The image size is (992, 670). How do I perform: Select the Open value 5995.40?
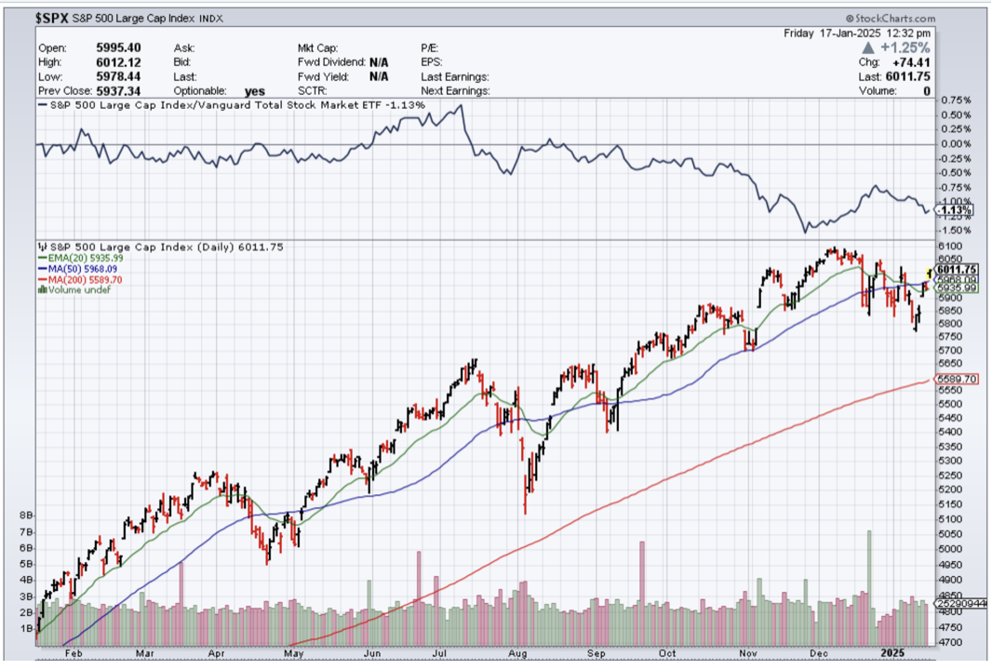pos(117,47)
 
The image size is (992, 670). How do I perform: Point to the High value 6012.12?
pos(117,62)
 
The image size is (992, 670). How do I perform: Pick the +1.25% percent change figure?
pos(908,47)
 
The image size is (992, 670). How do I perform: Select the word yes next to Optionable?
pos(254,91)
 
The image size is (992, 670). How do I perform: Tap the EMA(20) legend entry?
pos(80,258)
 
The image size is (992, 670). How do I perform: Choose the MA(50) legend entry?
pos(78,269)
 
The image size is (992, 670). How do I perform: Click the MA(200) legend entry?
pos(80,279)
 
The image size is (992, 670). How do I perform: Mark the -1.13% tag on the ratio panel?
pos(957,210)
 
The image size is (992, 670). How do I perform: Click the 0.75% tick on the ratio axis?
pos(957,100)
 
